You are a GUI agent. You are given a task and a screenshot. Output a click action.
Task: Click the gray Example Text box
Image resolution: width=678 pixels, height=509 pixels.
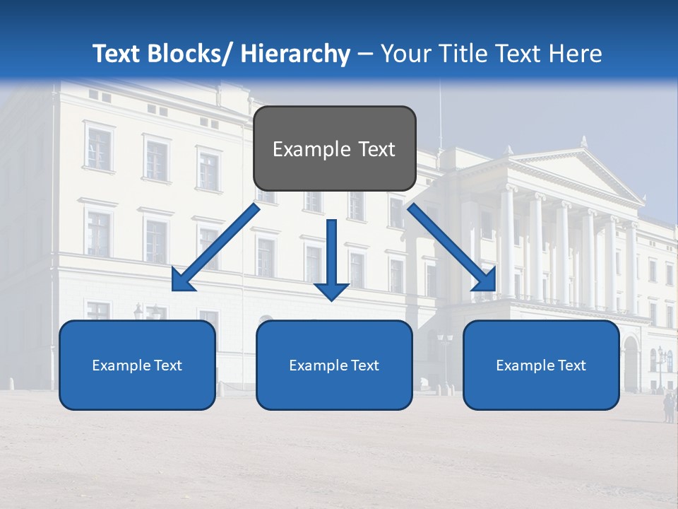pyautogui.click(x=334, y=148)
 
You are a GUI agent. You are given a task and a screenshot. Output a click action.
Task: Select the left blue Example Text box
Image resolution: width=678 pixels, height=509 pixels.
pyautogui.click(x=137, y=365)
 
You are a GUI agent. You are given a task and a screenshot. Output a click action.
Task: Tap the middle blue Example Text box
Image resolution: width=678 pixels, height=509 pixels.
pyautogui.click(x=334, y=365)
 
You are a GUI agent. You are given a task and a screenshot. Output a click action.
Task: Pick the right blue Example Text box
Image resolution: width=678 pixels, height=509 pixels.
pyautogui.click(x=541, y=365)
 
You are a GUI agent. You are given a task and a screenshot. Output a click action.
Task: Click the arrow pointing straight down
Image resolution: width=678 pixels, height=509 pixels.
pyautogui.click(x=331, y=258)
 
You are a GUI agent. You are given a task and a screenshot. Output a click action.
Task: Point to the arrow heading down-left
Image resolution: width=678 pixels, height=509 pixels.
pyautogui.click(x=216, y=247)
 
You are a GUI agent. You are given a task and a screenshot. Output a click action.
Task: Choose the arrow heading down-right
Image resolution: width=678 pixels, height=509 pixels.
pyautogui.click(x=452, y=247)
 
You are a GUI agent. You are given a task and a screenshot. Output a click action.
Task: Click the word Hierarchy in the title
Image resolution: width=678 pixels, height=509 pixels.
pyautogui.click(x=295, y=54)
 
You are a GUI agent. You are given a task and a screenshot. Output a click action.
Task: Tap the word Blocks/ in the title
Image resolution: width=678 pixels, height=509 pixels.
pyautogui.click(x=192, y=54)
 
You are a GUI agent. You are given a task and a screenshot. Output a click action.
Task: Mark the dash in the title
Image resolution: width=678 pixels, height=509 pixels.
pyautogui.click(x=365, y=54)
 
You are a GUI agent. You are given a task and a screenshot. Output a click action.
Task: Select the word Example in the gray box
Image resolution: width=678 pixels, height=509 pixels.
pyautogui.click(x=302, y=149)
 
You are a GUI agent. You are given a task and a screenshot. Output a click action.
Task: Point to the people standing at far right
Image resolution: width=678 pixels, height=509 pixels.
pyautogui.click(x=667, y=408)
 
